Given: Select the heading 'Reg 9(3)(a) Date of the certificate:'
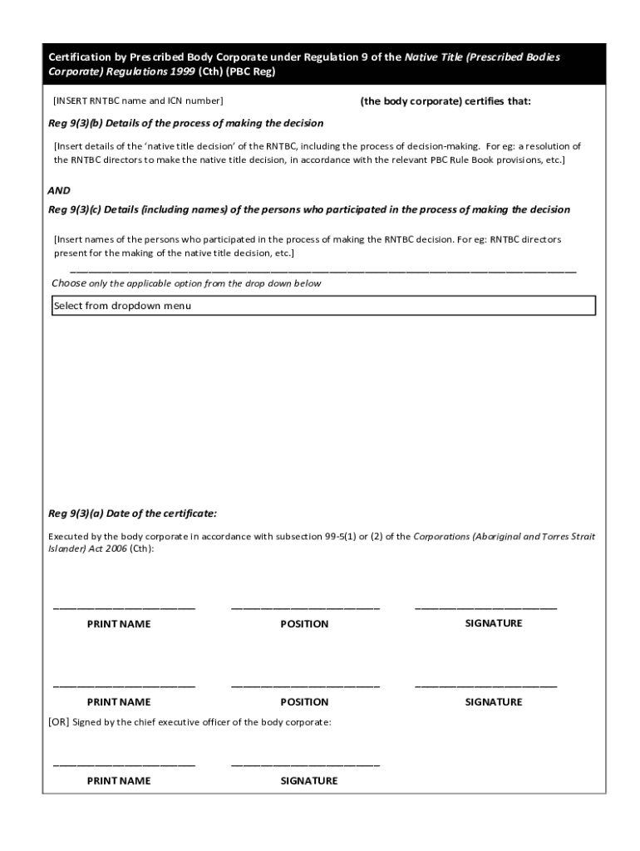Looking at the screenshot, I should click(x=132, y=513).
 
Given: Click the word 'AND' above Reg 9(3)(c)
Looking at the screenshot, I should click(x=59, y=189).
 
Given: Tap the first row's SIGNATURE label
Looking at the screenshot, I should click(x=493, y=623).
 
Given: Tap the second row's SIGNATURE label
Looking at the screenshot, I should click(x=493, y=702).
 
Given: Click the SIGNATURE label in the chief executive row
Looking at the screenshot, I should click(x=308, y=781).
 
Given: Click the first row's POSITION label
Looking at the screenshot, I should click(x=304, y=624).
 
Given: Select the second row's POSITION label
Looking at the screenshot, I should click(x=304, y=702).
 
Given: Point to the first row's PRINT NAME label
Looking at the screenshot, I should click(x=119, y=624).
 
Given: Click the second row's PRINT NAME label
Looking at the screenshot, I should click(x=119, y=702).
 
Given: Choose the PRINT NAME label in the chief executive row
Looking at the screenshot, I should click(x=119, y=781).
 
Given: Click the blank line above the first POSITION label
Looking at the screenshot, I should click(x=305, y=608).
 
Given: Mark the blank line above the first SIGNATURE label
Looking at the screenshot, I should click(x=486, y=608).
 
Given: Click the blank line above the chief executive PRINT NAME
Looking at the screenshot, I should click(x=124, y=765).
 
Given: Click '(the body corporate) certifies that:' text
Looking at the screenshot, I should click(x=446, y=101).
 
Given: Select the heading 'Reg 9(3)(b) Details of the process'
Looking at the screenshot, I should click(x=186, y=123).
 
